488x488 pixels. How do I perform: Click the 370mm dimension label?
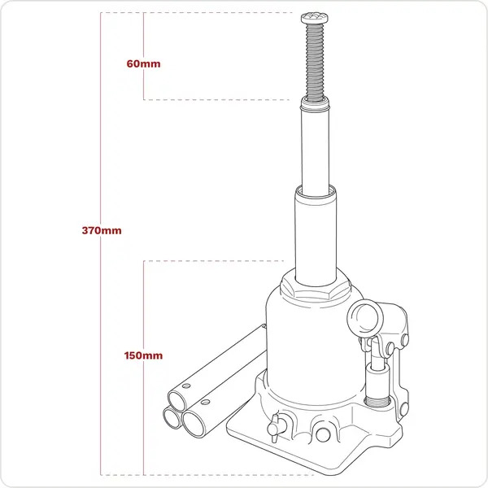coord(102,231)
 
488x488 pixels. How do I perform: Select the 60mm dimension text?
coord(142,63)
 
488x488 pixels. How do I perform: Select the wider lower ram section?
coord(312,236)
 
